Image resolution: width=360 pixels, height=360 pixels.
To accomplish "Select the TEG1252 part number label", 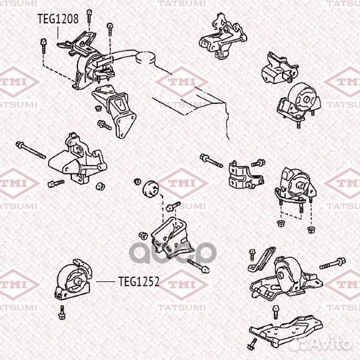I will pyautogui.click(x=139, y=282).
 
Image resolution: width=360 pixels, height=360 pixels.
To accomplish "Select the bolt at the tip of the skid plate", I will pyautogui.click(x=253, y=344).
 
